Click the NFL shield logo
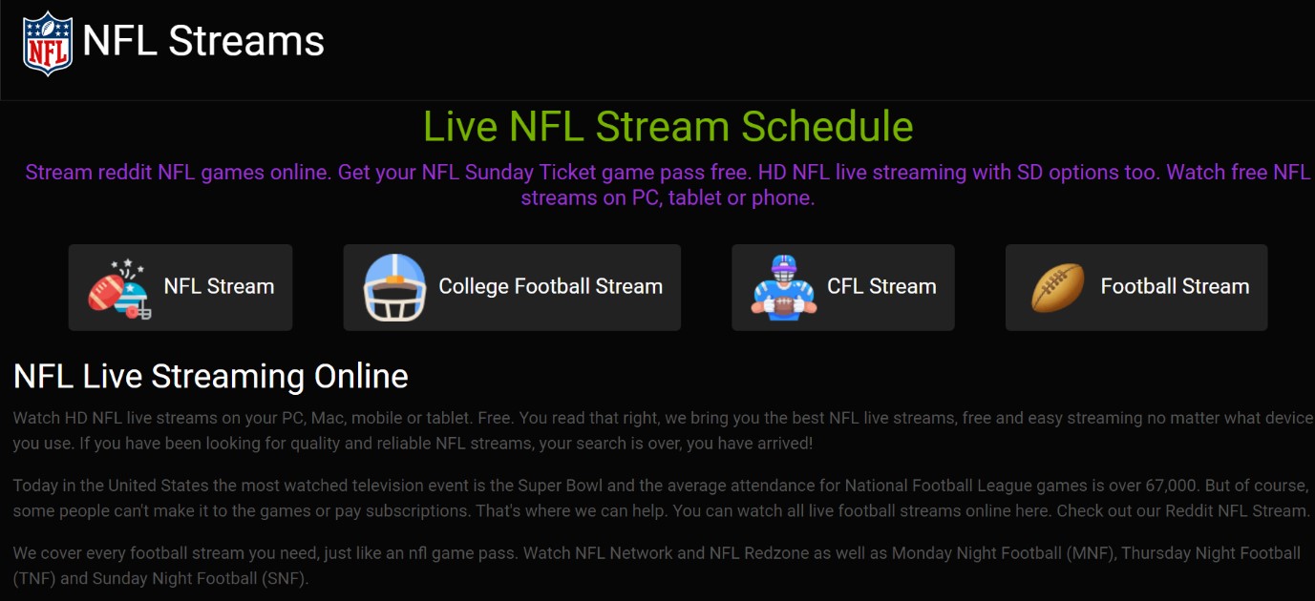[48, 43]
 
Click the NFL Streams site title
[203, 41]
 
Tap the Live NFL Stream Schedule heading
[668, 126]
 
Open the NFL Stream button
[180, 287]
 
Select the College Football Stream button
[512, 287]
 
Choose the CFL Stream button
[843, 287]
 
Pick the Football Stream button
[1136, 287]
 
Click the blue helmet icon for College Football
[394, 287]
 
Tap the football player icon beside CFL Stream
[784, 287]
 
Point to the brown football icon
[1058, 287]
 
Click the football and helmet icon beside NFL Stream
[119, 288]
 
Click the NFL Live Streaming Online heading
[211, 377]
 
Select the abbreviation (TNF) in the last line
[34, 579]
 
